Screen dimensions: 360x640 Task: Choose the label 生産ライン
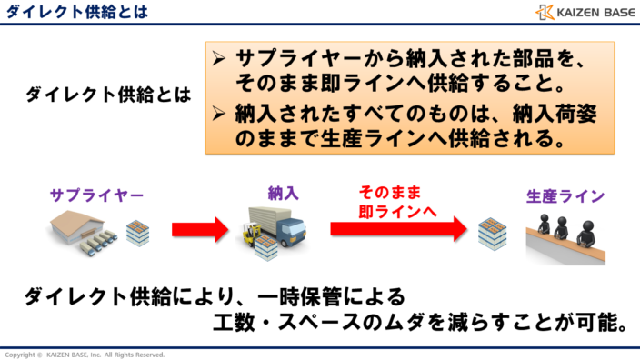point(565,195)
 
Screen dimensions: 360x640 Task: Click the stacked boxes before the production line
point(493,234)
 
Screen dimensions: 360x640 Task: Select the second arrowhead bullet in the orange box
point(218,115)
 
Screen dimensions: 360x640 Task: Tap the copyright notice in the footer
point(85,354)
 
